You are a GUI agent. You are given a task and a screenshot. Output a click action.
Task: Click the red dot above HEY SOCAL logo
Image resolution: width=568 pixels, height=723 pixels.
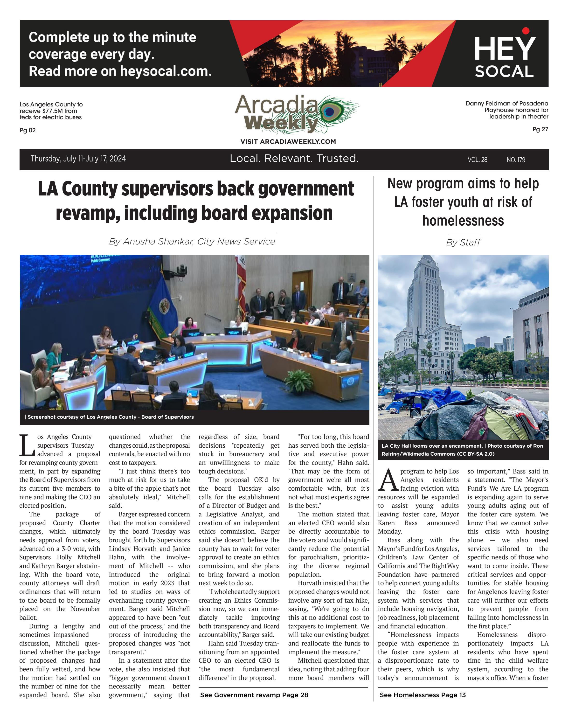coord(526,31)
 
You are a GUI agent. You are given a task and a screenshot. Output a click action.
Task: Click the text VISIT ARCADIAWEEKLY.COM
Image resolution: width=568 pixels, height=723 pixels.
coord(288,142)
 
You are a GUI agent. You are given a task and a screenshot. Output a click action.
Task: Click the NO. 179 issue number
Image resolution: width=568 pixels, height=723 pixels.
coord(516,160)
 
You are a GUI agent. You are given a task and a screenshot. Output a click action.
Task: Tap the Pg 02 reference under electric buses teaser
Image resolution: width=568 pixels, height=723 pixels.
coord(28,130)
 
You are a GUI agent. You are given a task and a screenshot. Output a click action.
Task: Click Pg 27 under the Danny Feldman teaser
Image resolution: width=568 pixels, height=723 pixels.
coord(540,129)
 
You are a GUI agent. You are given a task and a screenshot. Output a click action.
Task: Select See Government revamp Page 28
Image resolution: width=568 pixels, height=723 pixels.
coord(254,695)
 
